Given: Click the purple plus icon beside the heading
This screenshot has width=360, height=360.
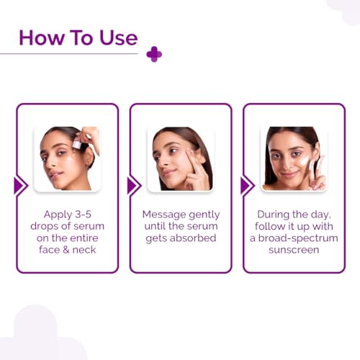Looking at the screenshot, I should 153,54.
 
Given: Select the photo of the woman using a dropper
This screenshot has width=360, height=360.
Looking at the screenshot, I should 68,159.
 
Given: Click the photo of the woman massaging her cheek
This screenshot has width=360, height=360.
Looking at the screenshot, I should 181,159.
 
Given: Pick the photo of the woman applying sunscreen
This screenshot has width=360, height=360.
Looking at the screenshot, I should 294,159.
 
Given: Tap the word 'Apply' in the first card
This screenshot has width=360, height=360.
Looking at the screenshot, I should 55,215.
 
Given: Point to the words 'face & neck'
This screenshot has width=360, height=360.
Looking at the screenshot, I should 67,249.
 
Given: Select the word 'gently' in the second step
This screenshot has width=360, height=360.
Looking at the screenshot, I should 204,215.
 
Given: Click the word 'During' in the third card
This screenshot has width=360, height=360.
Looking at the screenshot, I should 277,215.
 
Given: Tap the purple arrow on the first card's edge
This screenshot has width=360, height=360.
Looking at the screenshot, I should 20,186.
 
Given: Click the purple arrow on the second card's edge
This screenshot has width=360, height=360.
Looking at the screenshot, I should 133,186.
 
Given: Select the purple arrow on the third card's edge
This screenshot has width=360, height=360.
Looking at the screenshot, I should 246,186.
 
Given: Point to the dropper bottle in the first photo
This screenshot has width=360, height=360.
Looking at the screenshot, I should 77,145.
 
